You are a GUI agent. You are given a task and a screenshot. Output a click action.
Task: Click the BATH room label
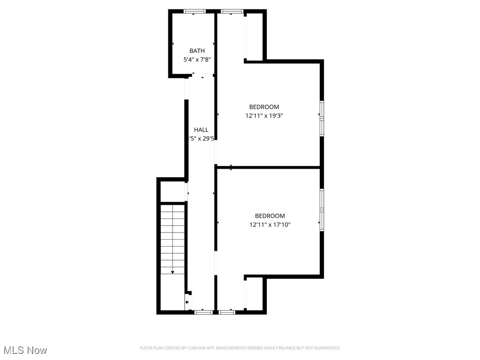click(197, 51)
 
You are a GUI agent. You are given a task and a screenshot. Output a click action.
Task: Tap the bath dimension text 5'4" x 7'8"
click(197, 60)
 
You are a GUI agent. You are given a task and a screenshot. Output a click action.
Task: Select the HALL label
click(201, 130)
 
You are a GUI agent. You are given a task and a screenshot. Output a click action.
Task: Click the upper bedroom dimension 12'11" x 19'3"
click(264, 115)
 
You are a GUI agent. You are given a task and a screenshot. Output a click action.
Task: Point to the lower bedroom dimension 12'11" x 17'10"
click(270, 225)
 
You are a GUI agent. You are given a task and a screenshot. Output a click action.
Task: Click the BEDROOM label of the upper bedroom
click(264, 107)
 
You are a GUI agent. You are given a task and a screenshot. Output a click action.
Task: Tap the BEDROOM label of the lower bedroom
click(270, 216)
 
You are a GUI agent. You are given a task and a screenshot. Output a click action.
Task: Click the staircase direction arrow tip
click(172, 272)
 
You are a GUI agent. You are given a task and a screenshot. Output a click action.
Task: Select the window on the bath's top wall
click(195, 11)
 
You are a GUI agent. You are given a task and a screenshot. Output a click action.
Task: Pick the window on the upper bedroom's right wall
click(322, 118)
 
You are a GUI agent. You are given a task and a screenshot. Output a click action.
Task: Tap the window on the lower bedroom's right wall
click(322, 210)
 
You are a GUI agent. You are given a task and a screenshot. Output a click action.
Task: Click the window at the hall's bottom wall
click(203, 312)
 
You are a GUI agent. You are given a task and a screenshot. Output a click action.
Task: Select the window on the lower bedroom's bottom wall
click(227, 312)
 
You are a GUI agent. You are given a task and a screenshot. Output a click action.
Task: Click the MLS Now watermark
click(25, 350)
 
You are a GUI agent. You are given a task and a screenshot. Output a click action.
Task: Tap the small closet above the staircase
click(173, 191)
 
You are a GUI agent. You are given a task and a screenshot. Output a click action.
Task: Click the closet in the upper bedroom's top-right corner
click(255, 37)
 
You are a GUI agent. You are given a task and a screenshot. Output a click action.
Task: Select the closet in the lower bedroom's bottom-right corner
click(255, 293)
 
